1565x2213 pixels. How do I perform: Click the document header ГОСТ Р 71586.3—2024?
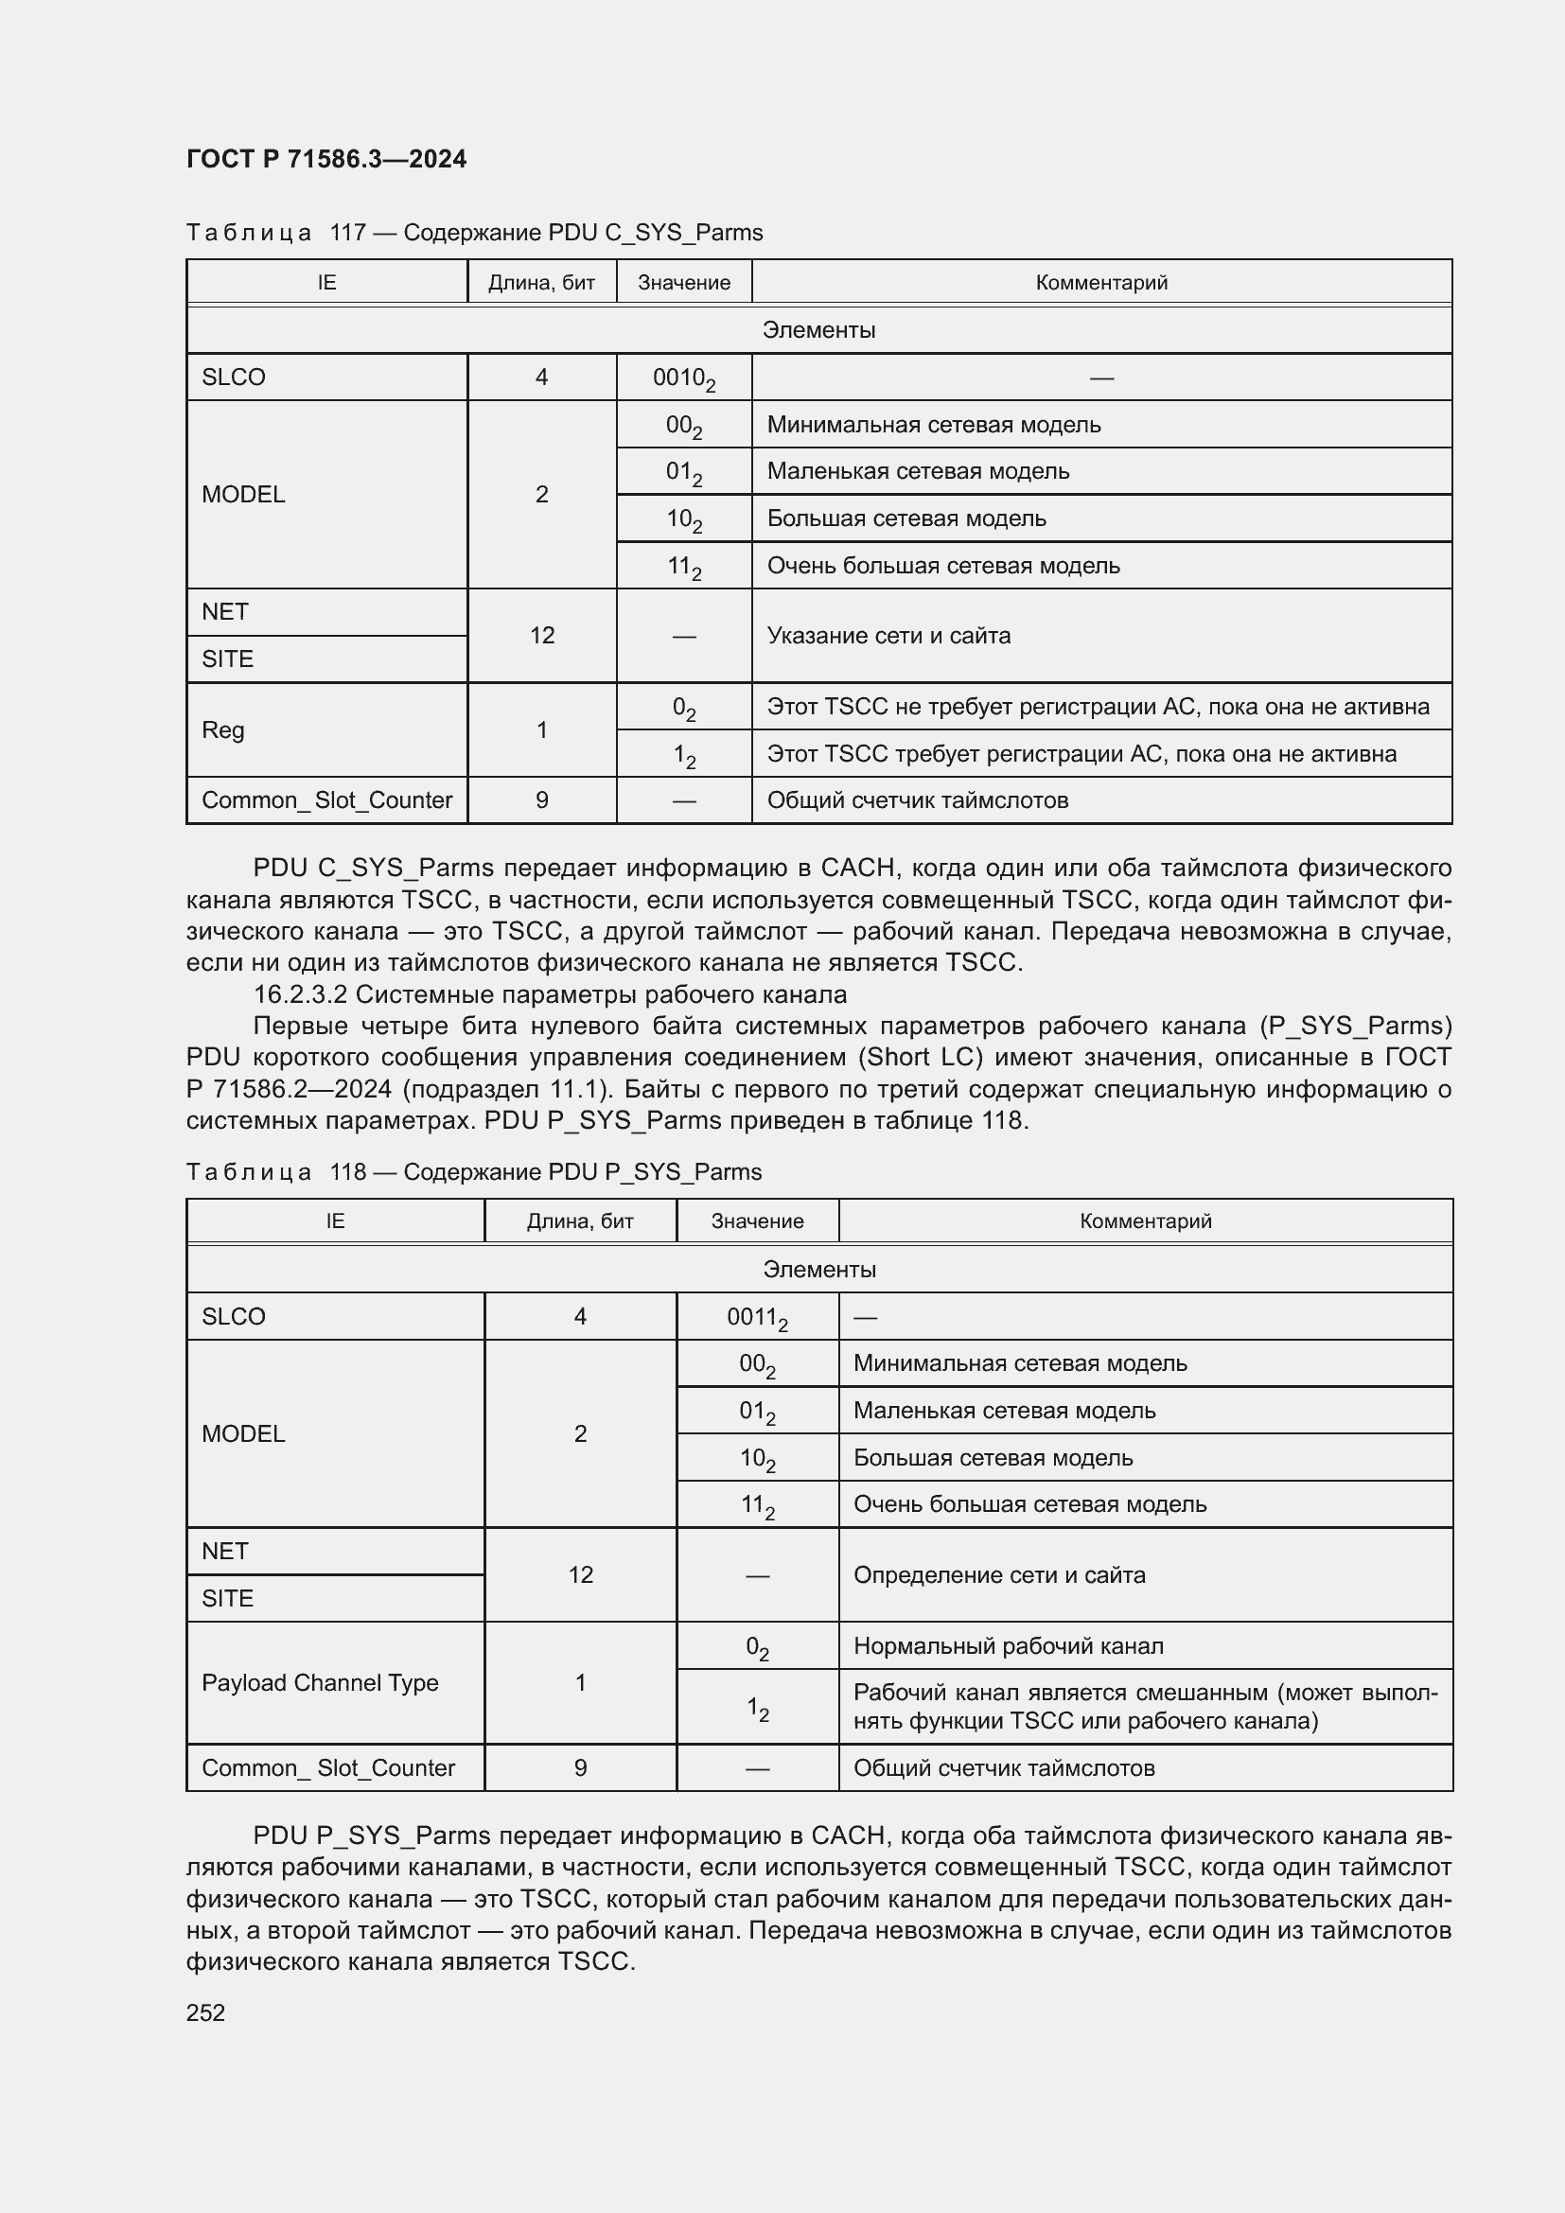pyautogui.click(x=325, y=159)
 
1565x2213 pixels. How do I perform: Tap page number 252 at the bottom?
pyautogui.click(x=205, y=2012)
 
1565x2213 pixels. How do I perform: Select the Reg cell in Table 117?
pyautogui.click(x=222, y=729)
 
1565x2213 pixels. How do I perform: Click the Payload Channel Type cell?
pyautogui.click(x=320, y=1682)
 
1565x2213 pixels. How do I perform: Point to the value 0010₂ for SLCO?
pyautogui.click(x=683, y=378)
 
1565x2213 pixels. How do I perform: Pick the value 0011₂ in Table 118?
pyautogui.click(x=757, y=1317)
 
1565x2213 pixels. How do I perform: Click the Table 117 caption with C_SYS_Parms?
pyautogui.click(x=474, y=233)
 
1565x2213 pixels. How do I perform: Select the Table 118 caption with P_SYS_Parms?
pyautogui.click(x=474, y=1171)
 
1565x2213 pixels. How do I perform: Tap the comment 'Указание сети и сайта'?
pyautogui.click(x=888, y=635)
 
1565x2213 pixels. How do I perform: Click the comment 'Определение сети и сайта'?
pyautogui.click(x=999, y=1574)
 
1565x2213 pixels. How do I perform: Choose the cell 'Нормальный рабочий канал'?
pyautogui.click(x=1008, y=1645)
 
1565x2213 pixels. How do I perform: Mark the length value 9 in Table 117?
pyautogui.click(x=541, y=800)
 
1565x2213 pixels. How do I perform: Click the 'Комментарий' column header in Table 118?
pyautogui.click(x=1145, y=1221)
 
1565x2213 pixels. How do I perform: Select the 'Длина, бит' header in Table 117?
pyautogui.click(x=541, y=282)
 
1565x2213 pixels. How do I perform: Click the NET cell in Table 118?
pyautogui.click(x=225, y=1551)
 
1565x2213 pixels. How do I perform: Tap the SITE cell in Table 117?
pyautogui.click(x=227, y=659)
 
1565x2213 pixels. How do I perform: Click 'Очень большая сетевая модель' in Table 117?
pyautogui.click(x=942, y=566)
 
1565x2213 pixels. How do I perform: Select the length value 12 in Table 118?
pyautogui.click(x=580, y=1574)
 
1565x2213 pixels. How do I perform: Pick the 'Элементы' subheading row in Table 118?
pyautogui.click(x=819, y=1270)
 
